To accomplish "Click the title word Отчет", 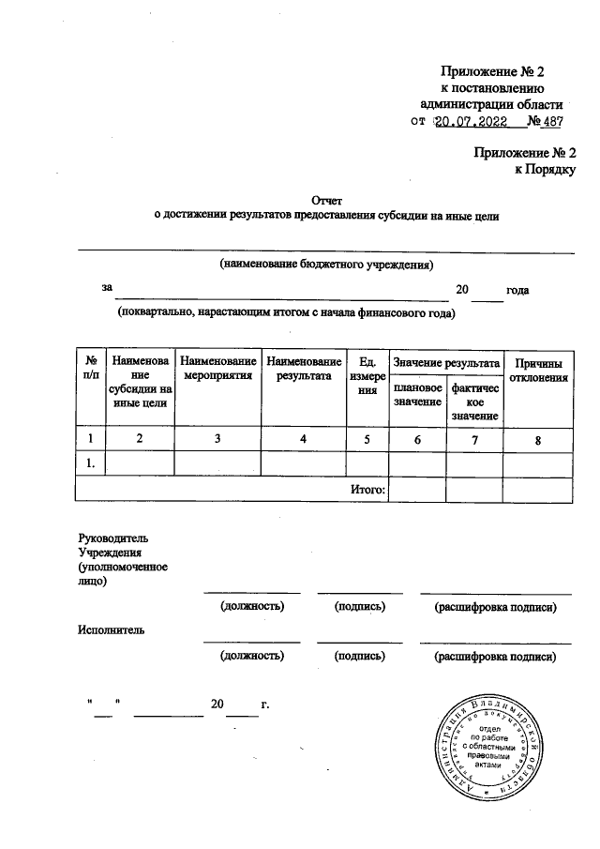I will (327, 200).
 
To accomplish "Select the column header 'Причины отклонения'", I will (538, 370).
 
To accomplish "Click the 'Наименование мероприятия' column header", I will (217, 370).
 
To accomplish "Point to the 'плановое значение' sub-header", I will (417, 394).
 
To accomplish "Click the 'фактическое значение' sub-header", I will (474, 402).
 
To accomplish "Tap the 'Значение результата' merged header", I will (446, 362).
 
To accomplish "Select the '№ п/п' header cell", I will (92, 370).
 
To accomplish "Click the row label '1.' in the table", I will (92, 463).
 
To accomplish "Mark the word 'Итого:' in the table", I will (367, 489).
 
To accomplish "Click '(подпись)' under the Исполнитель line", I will (360, 656).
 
